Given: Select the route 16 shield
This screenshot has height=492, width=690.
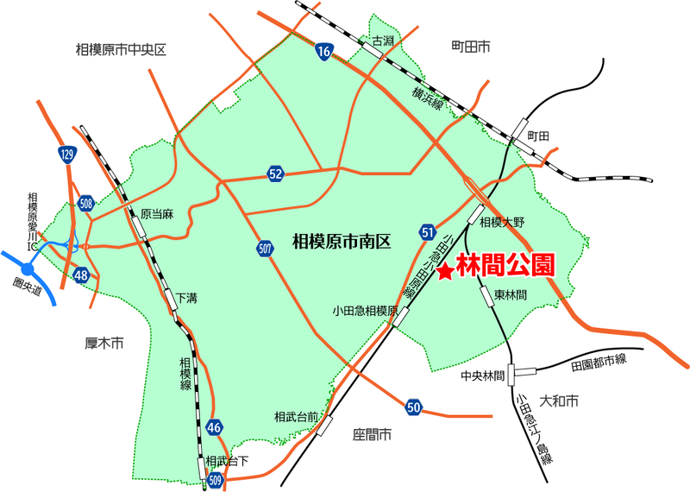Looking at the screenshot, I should tap(323, 53).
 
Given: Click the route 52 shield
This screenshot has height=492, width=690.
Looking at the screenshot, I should tap(275, 174).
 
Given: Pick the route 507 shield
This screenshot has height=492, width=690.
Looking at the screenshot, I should tap(266, 249).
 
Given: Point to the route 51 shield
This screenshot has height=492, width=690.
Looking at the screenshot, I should tap(429, 231).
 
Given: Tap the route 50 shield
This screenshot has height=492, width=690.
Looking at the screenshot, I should tap(414, 407).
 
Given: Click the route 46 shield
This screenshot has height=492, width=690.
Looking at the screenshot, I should tap(216, 426).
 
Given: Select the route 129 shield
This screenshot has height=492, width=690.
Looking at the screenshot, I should tap(68, 155).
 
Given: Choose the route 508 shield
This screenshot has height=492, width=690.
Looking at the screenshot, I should tap(85, 204).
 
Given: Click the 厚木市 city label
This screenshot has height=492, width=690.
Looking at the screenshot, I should tap(105, 344).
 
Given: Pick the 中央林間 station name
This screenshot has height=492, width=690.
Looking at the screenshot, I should tap(481, 375).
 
